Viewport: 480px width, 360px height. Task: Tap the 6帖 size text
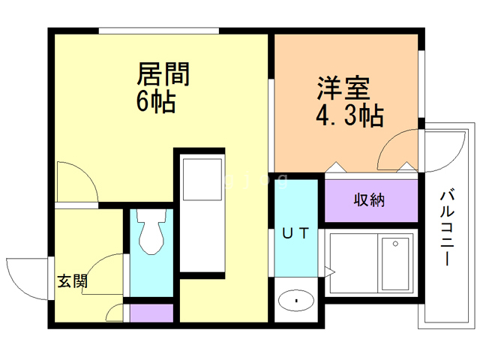pos(155,101)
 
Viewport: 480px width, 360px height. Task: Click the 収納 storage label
pos(370,200)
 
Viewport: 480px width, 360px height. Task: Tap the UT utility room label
pos(295,233)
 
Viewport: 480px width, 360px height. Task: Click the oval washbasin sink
pos(297,301)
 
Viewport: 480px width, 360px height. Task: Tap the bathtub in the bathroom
pos(395,266)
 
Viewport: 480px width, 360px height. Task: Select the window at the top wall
pos(158,31)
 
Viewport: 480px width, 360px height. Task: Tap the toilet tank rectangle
pos(152,217)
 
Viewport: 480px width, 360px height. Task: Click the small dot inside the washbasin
pos(297,301)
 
